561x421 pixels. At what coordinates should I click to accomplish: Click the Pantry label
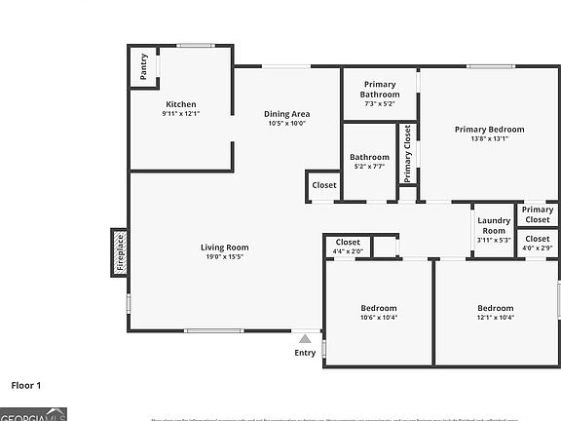tap(144, 66)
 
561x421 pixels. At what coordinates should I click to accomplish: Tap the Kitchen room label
tap(180, 104)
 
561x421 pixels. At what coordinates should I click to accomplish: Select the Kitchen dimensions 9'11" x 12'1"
tap(180, 114)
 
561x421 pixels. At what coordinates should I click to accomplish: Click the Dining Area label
tap(286, 114)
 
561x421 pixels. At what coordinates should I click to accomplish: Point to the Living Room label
tap(225, 247)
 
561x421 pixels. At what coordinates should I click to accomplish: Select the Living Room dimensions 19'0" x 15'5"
tap(225, 257)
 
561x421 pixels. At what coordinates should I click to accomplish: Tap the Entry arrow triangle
tap(305, 338)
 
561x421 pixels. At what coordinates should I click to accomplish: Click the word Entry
tap(305, 353)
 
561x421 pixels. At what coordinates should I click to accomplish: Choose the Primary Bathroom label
tap(380, 89)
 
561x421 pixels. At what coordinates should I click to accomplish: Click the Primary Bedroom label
tap(489, 129)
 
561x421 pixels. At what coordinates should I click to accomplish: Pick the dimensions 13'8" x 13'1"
tap(489, 139)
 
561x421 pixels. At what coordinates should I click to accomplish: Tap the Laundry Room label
tap(494, 225)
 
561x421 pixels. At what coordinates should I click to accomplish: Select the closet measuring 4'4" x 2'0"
tap(348, 247)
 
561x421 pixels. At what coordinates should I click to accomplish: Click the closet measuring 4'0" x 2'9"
tap(538, 244)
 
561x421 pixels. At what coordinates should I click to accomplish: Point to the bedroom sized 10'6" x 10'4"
tap(379, 312)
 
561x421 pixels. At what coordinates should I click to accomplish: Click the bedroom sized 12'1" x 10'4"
tap(495, 312)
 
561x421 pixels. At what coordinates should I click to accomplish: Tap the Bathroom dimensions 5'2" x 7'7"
tap(369, 162)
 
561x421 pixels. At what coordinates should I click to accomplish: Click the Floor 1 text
tap(26, 385)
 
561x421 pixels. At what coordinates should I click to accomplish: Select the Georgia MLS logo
tap(33, 414)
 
